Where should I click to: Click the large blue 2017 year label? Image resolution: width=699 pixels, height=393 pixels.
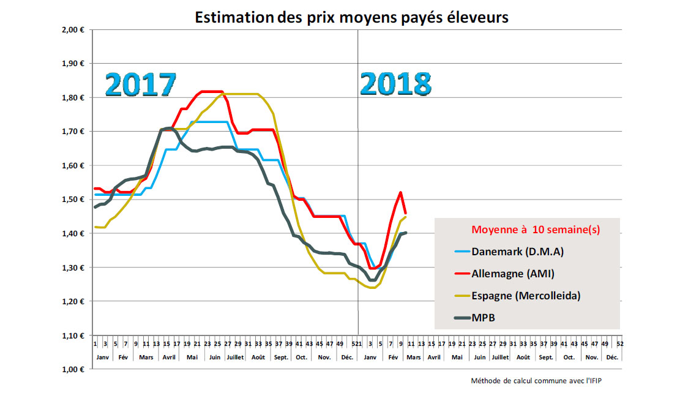[x=141, y=84]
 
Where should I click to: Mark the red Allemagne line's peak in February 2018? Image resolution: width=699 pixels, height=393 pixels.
[x=400, y=192]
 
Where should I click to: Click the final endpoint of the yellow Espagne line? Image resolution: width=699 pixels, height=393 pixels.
[x=406, y=216]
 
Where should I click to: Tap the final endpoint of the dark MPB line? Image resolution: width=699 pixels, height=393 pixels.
[x=406, y=233]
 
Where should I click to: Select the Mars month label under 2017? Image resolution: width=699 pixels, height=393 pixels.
[x=146, y=357]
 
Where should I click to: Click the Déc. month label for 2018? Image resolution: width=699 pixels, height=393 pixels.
[x=611, y=357]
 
